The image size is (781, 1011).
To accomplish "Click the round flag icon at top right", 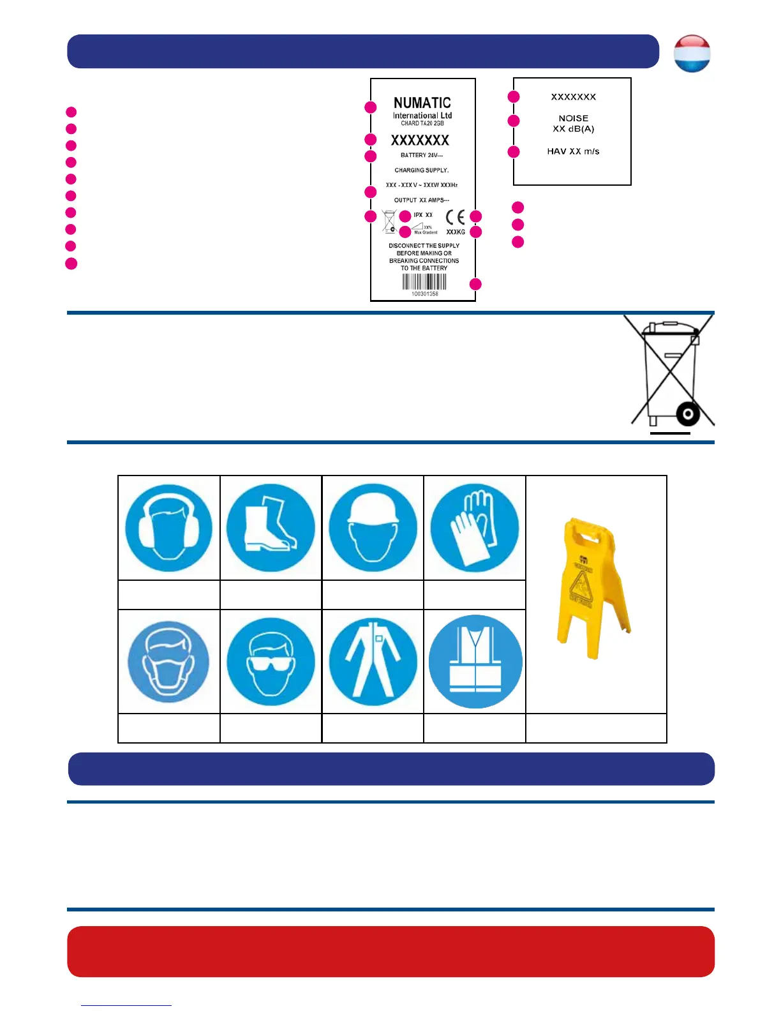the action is [x=692, y=53].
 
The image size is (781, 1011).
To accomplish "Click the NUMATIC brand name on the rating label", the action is [x=422, y=103].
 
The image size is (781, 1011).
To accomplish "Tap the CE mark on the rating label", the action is [x=455, y=217].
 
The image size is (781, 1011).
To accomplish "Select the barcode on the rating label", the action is [x=424, y=282].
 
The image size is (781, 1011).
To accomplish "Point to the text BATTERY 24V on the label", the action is [x=421, y=155].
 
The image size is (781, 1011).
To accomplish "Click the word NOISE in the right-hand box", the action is [x=573, y=118].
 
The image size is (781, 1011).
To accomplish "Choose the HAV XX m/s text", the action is [x=573, y=151].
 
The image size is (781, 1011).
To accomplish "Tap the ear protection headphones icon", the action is [x=168, y=528].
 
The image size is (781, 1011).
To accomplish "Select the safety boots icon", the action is [x=271, y=528].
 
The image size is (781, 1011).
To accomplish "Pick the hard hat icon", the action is [x=373, y=528].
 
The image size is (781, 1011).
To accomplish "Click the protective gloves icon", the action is [x=475, y=528].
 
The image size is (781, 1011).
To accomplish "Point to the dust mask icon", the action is [x=168, y=662].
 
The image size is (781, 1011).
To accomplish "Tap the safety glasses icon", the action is [x=271, y=662].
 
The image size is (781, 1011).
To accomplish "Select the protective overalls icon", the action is [x=373, y=662].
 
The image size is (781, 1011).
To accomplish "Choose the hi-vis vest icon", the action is [x=475, y=662].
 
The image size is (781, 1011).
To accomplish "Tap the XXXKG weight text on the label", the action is [x=456, y=232].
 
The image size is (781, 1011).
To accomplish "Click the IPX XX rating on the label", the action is [x=423, y=215].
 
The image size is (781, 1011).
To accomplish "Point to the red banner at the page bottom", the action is [x=390, y=951].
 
